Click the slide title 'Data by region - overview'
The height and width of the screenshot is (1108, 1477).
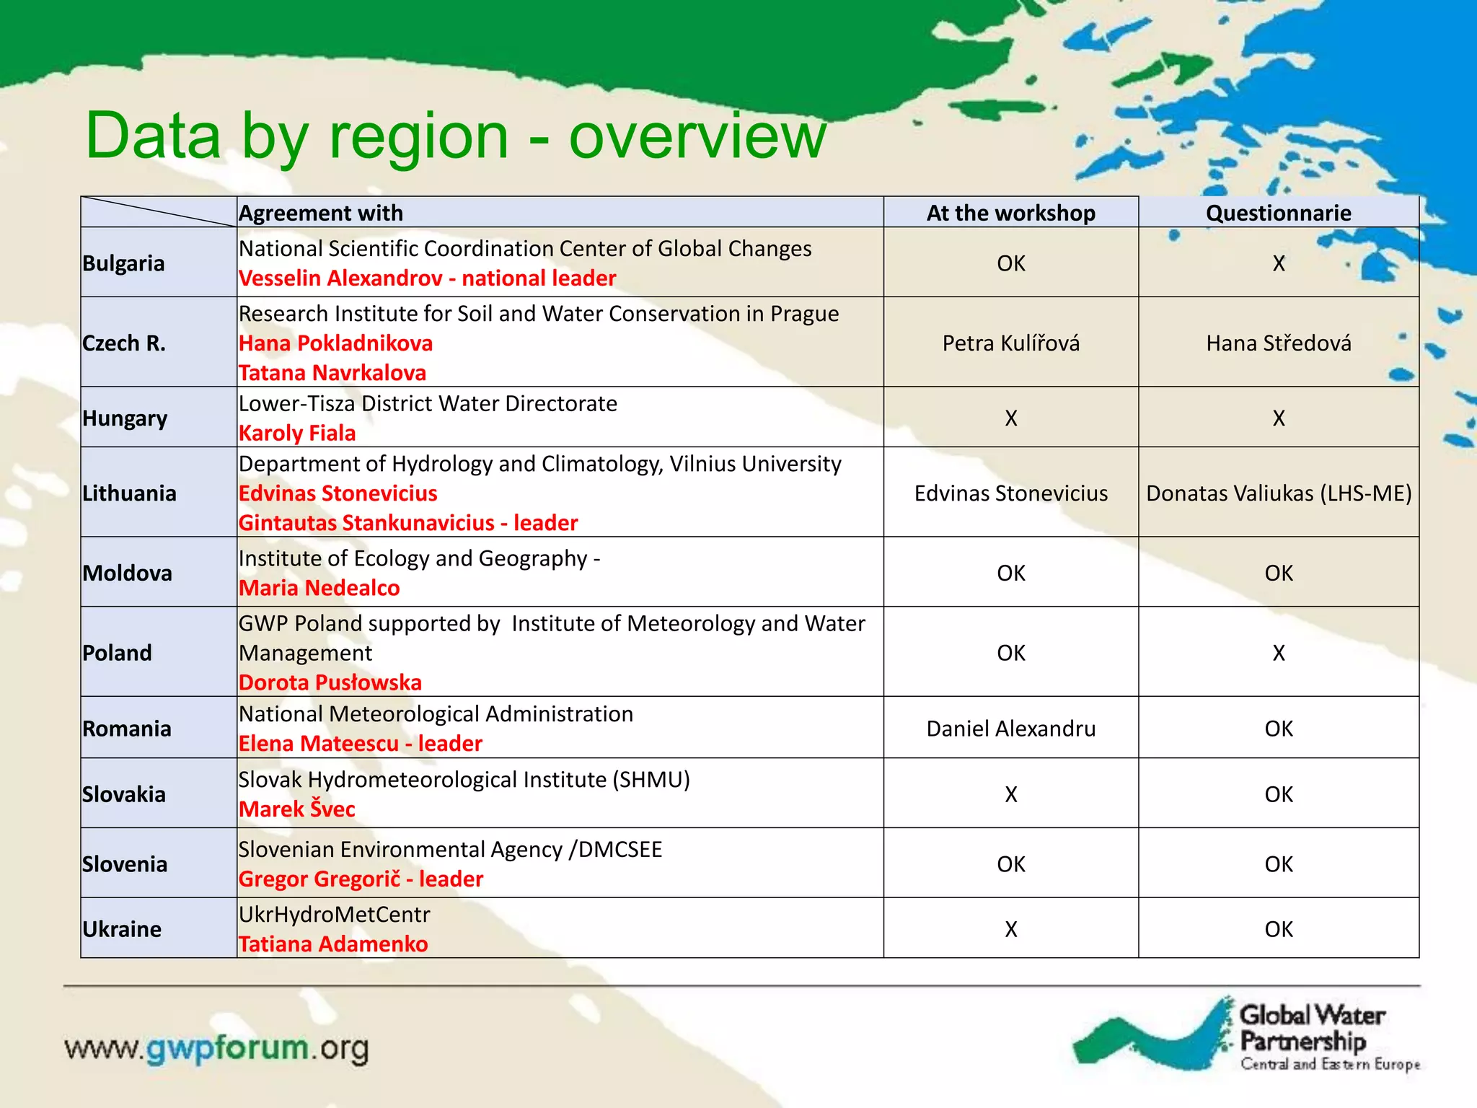(455, 136)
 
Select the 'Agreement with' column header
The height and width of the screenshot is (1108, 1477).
(321, 213)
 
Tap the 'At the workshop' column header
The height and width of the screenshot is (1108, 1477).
(1010, 213)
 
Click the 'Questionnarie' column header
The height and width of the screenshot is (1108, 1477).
(1278, 213)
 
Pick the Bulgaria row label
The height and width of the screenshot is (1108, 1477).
(123, 263)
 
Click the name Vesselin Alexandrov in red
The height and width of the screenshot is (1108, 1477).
(340, 278)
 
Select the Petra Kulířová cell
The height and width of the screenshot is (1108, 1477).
(1010, 343)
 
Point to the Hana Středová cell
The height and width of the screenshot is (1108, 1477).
(1278, 343)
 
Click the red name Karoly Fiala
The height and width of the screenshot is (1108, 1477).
(297, 433)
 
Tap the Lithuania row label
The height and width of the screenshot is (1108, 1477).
(129, 493)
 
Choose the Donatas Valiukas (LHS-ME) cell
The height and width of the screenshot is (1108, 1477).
(1278, 493)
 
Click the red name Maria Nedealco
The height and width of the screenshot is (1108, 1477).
(319, 588)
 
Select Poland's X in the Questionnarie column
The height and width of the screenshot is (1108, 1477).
(1278, 653)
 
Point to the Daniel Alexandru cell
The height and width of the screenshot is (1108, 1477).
(1010, 729)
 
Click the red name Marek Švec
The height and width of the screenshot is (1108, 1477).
(296, 809)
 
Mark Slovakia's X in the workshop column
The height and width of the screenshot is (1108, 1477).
(1010, 794)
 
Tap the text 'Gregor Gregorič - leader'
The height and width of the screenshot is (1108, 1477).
(361, 879)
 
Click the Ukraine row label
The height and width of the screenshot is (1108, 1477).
(121, 929)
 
